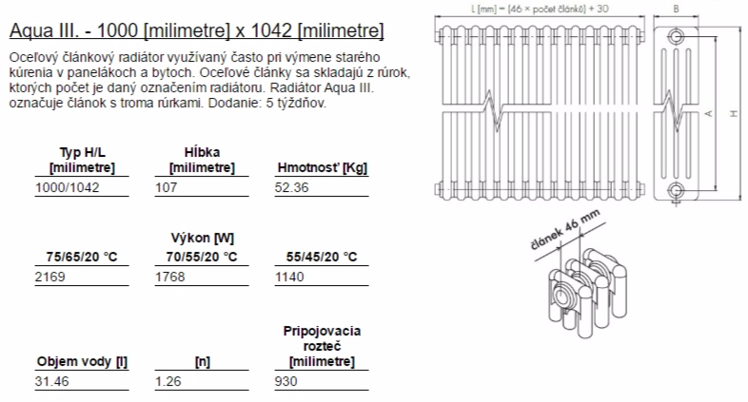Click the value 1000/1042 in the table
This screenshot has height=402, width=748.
click(68, 187)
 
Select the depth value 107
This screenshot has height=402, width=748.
click(166, 187)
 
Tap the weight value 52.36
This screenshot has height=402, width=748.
click(291, 187)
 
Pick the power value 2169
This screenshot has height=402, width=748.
click(50, 277)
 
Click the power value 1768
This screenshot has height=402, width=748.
click(169, 277)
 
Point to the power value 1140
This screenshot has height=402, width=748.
click(289, 277)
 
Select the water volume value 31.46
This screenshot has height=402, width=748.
click(51, 381)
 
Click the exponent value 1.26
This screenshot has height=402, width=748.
click(167, 381)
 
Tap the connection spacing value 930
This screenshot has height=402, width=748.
click(285, 381)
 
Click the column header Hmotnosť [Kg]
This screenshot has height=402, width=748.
click(322, 167)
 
